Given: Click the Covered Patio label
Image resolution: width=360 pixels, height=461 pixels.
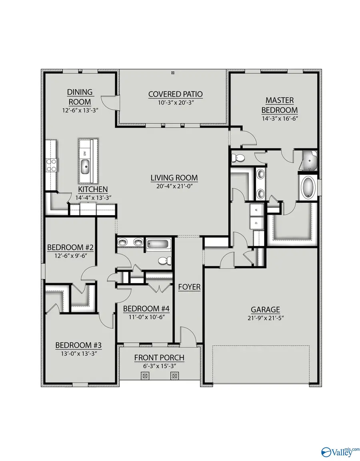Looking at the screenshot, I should [x=175, y=94].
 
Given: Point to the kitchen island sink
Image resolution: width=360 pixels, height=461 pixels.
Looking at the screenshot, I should [x=86, y=166].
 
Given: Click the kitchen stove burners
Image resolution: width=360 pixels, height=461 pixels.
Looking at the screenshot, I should [x=52, y=164].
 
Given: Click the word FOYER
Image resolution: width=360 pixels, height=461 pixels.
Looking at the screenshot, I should [x=189, y=287].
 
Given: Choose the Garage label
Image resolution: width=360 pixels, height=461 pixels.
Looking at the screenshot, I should [x=265, y=309].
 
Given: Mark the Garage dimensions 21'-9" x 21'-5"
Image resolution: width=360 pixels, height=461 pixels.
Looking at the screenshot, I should [x=265, y=318].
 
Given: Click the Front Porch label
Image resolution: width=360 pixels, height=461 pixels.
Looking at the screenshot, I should [x=159, y=357].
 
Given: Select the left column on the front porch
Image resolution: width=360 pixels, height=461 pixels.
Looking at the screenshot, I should [x=145, y=376].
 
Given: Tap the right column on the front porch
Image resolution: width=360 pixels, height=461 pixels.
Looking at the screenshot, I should [x=174, y=376].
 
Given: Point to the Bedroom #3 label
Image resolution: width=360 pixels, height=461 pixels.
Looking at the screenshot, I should [x=78, y=345].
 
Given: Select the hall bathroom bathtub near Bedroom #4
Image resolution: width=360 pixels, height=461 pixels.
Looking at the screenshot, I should [x=158, y=243].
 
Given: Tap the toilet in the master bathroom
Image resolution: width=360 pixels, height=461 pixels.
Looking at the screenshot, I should [x=238, y=158].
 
